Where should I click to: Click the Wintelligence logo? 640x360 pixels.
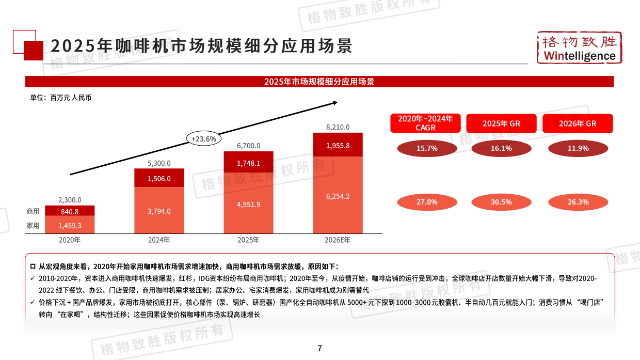(579, 48)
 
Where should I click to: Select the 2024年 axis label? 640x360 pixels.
(159, 240)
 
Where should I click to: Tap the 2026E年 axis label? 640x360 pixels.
(338, 240)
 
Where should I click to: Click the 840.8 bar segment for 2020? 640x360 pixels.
(69, 211)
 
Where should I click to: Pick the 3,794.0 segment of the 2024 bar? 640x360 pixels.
(159, 211)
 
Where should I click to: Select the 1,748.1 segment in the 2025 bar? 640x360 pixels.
(248, 163)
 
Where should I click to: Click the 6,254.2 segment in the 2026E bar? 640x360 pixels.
(338, 196)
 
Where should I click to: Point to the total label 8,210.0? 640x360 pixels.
(338, 127)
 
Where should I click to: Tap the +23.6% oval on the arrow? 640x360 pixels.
(204, 138)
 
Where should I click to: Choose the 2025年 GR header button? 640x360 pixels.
(501, 123)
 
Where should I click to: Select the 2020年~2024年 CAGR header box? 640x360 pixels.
(425, 123)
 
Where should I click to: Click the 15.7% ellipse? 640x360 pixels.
(427, 148)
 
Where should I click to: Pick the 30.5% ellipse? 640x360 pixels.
(501, 202)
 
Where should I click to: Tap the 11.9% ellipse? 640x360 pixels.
(578, 148)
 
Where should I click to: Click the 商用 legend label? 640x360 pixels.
(33, 211)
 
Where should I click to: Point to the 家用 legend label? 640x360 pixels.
(33, 225)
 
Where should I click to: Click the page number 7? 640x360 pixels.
(320, 348)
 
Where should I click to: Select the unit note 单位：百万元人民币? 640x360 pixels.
(60, 98)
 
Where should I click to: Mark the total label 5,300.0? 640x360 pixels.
(159, 163)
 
